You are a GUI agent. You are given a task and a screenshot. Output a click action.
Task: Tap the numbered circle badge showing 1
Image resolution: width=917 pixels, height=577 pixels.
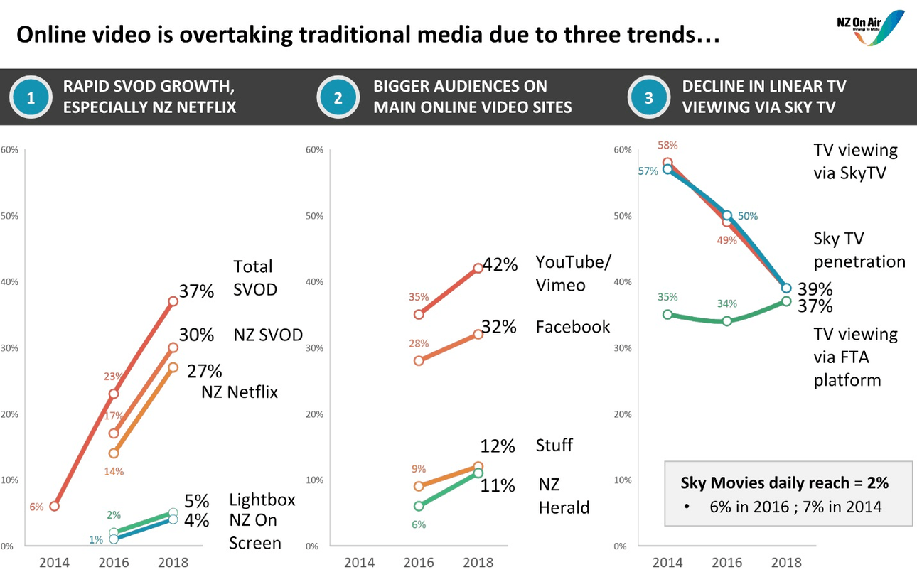coord(30,97)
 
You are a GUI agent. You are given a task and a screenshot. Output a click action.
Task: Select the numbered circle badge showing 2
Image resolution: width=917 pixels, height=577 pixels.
coord(338,97)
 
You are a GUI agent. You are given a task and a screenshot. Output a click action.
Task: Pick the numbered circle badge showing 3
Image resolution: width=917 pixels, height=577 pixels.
coord(648,97)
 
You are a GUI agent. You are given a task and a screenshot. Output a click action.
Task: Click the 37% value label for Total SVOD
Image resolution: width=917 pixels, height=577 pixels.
coord(197,291)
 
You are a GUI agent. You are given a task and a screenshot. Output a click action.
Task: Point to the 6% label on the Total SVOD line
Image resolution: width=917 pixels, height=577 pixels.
coord(36,507)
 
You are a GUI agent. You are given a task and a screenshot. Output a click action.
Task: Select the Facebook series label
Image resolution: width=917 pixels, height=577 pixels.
coord(573,326)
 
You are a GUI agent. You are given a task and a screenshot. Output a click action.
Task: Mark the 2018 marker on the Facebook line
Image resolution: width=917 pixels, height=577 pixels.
coord(478,334)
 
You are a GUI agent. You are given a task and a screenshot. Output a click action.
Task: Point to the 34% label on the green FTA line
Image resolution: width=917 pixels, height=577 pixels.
coord(726,303)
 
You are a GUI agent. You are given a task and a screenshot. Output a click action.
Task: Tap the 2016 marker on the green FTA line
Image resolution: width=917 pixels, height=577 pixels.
coord(726,321)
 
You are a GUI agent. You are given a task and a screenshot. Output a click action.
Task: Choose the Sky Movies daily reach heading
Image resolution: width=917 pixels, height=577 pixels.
coord(784,482)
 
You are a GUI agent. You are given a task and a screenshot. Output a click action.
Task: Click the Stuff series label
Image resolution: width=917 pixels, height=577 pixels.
coord(554,446)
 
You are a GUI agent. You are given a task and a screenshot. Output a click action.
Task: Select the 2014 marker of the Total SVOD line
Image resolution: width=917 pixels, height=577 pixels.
coord(54,506)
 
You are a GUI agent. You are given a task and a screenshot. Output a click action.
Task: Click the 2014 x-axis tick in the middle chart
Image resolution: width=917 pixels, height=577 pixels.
coord(360,563)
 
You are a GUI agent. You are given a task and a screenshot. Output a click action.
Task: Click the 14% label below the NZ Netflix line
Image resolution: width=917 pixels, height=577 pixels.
coord(114,471)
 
